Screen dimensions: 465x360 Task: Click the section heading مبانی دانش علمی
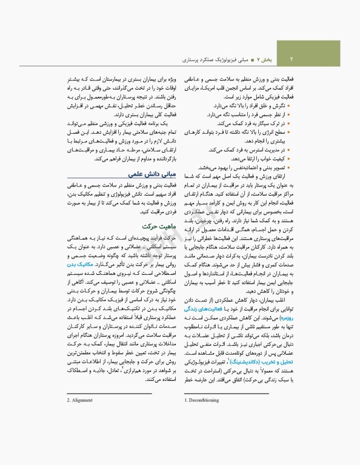pyautogui.click(x=152, y=173)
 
